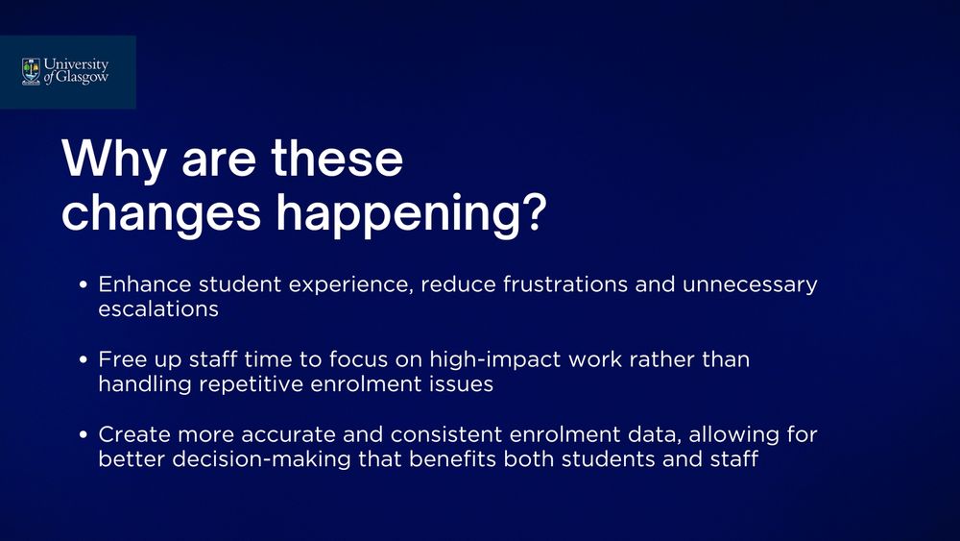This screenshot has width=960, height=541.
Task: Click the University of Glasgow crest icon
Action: click(x=32, y=72)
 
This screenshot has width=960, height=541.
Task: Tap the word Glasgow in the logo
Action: click(x=82, y=78)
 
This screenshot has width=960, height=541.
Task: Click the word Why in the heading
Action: click(x=114, y=160)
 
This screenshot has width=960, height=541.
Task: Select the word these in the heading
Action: click(x=337, y=159)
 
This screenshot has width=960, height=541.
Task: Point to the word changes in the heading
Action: click(x=161, y=214)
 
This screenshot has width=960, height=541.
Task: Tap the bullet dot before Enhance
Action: click(x=84, y=284)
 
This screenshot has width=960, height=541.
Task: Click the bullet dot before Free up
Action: click(x=84, y=359)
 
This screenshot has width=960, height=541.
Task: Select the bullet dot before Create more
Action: click(x=84, y=435)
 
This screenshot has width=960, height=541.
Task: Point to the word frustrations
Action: click(x=565, y=284)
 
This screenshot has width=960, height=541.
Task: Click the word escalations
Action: click(x=158, y=308)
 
